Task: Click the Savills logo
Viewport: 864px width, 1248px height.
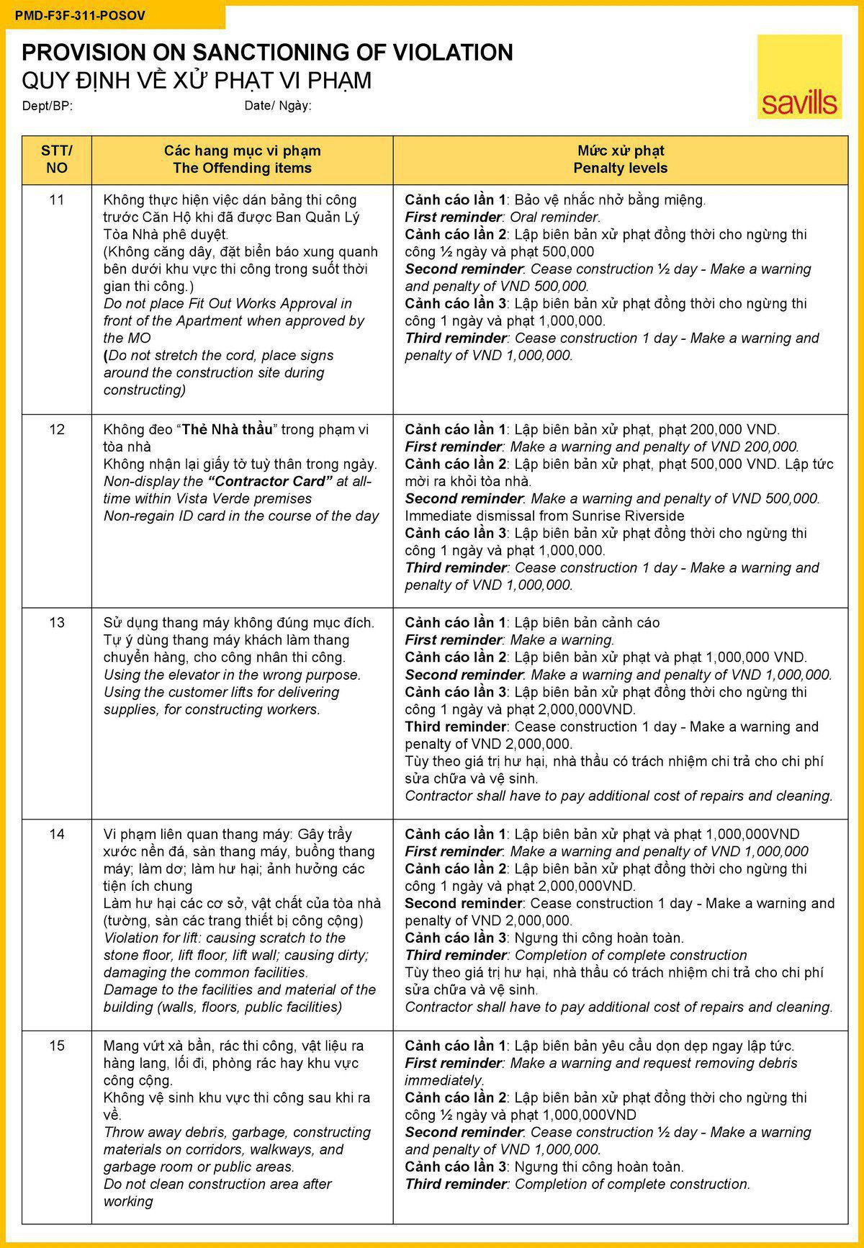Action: [799, 77]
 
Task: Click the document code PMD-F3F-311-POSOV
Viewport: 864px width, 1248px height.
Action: [79, 15]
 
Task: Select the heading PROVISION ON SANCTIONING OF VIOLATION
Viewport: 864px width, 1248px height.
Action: [267, 52]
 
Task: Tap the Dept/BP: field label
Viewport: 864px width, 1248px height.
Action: [48, 106]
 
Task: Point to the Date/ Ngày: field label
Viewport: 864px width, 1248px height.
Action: [278, 106]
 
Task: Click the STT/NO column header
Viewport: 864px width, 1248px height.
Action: [56, 159]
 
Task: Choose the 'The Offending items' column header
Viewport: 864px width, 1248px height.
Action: [242, 168]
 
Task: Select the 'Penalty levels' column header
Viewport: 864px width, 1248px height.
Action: [620, 168]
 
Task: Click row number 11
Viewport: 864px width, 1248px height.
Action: [56, 199]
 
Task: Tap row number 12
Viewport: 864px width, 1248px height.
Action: [56, 429]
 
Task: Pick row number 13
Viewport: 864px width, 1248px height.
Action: [56, 622]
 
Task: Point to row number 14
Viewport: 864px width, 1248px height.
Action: [56, 834]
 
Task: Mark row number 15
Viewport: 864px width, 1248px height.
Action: [56, 1046]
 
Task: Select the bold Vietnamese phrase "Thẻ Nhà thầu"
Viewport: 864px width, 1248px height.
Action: [228, 429]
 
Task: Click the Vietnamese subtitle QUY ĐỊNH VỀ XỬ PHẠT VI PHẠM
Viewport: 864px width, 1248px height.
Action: [197, 80]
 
